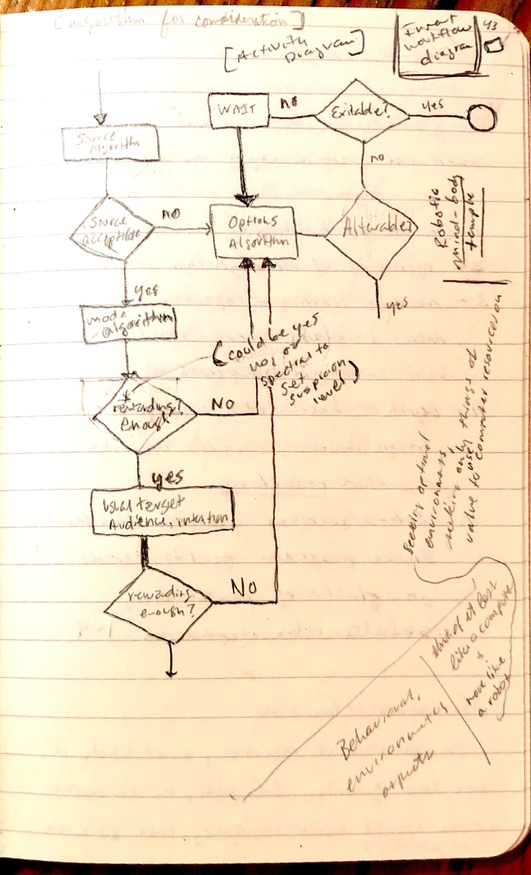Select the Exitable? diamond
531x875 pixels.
point(361,112)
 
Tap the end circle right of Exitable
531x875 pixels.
point(482,117)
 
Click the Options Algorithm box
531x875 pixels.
point(253,232)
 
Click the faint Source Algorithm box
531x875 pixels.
point(110,143)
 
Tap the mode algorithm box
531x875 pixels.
point(130,323)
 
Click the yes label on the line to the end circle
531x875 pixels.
point(433,105)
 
